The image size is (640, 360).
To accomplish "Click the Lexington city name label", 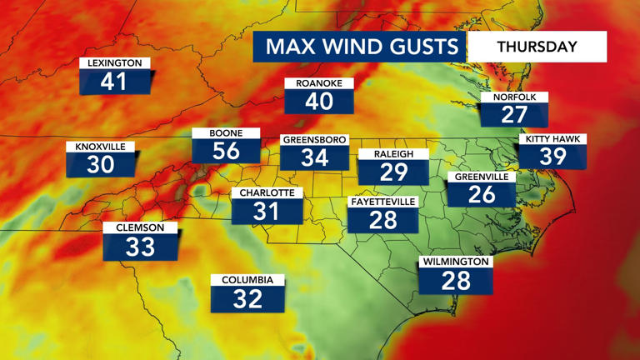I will pyautogui.click(x=116, y=63).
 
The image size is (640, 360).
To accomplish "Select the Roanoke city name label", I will pyautogui.click(x=319, y=83).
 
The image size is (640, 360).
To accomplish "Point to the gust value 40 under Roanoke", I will pyautogui.click(x=319, y=102).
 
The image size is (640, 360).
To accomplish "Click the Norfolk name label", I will pyautogui.click(x=514, y=97).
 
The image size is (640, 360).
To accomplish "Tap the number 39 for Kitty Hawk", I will pyautogui.click(x=552, y=157).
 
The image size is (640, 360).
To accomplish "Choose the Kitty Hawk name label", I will pyautogui.click(x=552, y=139).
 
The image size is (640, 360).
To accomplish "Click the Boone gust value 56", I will pyautogui.click(x=226, y=150).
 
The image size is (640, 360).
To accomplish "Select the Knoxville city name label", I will pyautogui.click(x=100, y=147).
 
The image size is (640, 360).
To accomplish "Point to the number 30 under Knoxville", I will pyautogui.click(x=101, y=164).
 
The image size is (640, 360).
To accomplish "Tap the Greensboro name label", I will pyautogui.click(x=314, y=139).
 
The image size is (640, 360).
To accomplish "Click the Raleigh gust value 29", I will pyautogui.click(x=393, y=172).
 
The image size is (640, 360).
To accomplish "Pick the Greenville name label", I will pyautogui.click(x=482, y=177).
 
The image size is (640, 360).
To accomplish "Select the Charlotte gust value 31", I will pyautogui.click(x=267, y=211).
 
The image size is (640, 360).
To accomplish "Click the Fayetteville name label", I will pyautogui.click(x=382, y=202).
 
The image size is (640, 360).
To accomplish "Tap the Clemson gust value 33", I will pyautogui.click(x=140, y=246).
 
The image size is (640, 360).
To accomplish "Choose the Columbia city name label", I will pyautogui.click(x=247, y=280).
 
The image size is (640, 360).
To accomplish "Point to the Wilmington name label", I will pyautogui.click(x=456, y=262).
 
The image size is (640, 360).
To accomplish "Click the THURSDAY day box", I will pyautogui.click(x=537, y=47).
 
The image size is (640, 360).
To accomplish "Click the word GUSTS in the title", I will pyautogui.click(x=422, y=47).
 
